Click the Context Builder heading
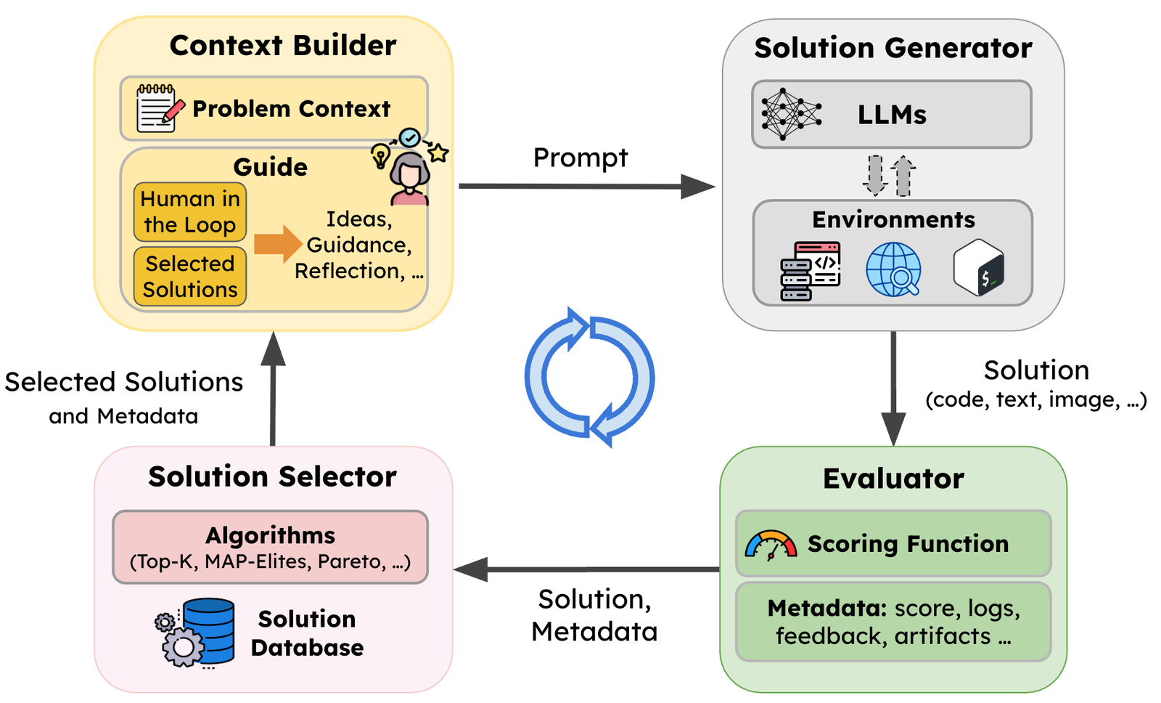(x=282, y=46)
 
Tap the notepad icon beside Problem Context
(x=157, y=109)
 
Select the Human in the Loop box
(x=190, y=212)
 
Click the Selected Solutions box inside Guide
(x=190, y=277)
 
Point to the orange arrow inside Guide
(x=277, y=244)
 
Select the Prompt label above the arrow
(x=580, y=158)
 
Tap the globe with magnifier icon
(x=894, y=269)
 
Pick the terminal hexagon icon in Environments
(x=979, y=268)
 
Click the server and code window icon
(x=811, y=271)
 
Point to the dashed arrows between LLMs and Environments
(x=890, y=175)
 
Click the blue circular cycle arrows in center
(x=589, y=377)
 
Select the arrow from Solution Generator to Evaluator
(x=893, y=389)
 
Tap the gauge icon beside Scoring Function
(x=771, y=545)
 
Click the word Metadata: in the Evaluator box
(x=826, y=608)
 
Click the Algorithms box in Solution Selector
(x=270, y=547)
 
